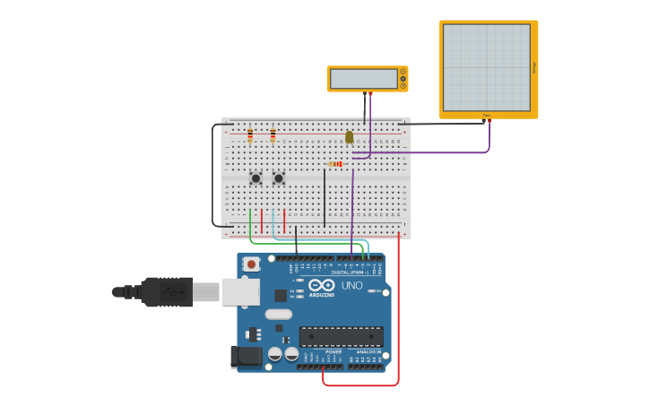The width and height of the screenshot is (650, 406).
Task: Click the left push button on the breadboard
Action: pos(256,178)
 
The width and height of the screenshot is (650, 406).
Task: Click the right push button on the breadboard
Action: pos(279,178)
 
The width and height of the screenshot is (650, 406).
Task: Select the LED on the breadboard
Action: pos(349,137)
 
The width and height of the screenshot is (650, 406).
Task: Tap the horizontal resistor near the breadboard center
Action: pos(336,164)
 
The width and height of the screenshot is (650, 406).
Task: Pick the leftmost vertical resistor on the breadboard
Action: pos(250,135)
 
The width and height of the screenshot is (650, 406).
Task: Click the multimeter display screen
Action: pos(363,79)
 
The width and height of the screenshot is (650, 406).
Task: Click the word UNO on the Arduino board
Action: pos(352,286)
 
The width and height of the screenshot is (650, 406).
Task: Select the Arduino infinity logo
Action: pos(322,285)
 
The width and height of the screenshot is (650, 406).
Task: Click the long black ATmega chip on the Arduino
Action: pos(341,336)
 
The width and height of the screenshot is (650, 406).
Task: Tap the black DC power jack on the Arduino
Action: pos(247,357)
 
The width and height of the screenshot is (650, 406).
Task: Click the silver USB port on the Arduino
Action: pos(240,292)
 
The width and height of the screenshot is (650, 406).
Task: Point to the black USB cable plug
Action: pos(166,292)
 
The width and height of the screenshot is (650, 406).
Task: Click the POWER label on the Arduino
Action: pos(333,352)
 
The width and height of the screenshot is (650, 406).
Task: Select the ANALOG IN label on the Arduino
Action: pos(367,352)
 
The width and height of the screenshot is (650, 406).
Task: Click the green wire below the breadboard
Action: pos(305,243)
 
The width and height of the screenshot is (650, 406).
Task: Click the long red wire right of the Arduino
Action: pos(399,314)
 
